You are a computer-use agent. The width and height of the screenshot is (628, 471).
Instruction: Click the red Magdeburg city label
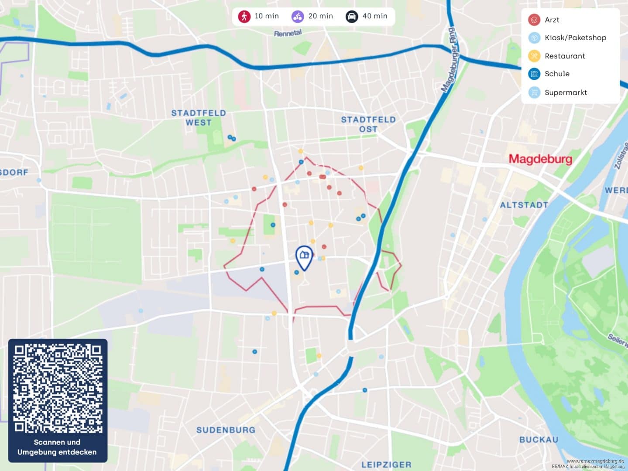[x=540, y=159]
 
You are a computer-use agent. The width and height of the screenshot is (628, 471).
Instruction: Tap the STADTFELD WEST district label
[x=199, y=118]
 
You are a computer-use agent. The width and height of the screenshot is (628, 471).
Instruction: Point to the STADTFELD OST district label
[x=368, y=124]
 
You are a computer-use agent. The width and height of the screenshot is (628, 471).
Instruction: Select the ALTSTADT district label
[x=524, y=205]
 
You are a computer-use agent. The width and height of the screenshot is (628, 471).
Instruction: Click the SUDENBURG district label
[x=226, y=430]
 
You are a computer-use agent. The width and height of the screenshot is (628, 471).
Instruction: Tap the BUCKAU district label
[x=539, y=440]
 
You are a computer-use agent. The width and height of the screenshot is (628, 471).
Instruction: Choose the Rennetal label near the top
[x=288, y=33]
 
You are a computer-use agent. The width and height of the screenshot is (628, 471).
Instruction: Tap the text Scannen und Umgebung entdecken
[x=57, y=447]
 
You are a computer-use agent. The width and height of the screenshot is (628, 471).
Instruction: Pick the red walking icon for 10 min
[x=244, y=17]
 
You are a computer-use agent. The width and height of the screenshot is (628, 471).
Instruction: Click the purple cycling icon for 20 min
[x=298, y=17]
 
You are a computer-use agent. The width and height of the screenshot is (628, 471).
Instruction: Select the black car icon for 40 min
[x=352, y=17]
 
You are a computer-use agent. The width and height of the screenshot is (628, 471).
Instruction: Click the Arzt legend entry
[x=552, y=20]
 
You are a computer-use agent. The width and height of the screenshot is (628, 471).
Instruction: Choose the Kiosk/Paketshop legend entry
[x=575, y=38]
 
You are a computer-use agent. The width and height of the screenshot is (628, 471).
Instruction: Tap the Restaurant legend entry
[x=564, y=56]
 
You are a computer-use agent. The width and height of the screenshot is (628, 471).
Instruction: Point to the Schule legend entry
[x=556, y=74]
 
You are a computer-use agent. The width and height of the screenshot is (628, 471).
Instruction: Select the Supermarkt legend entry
[x=565, y=92]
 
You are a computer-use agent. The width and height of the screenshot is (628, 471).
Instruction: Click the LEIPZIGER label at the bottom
[x=386, y=465]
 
